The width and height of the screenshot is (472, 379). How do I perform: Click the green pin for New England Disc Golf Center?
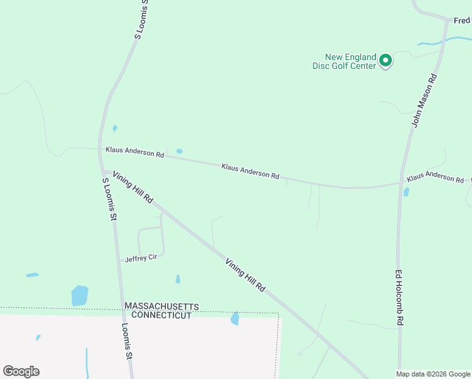coord(385,61)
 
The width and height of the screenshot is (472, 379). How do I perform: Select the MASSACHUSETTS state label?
coord(162,306)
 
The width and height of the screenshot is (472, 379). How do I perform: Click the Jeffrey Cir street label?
coord(141,258)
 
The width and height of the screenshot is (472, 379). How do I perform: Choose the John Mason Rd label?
coord(425,100)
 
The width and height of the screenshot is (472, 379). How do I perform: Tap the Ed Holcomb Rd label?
coord(399,298)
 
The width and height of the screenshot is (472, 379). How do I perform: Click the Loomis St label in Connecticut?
coord(127,342)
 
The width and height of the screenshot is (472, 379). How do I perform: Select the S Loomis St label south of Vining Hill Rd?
coord(110,199)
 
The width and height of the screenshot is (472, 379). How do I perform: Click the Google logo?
coord(21,371)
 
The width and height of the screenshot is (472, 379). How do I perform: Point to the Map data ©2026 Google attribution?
coord(434,374)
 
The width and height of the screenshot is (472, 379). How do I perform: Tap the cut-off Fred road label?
coord(463,20)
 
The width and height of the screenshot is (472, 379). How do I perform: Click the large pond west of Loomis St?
coord(80,295)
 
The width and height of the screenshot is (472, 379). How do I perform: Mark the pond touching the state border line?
coord(235,318)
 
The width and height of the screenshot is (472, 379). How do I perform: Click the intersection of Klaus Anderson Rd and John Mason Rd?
coord(401,183)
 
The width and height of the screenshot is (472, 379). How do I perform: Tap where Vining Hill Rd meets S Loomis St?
coord(105,171)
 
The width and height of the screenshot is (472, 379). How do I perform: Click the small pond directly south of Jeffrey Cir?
coord(178,279)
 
